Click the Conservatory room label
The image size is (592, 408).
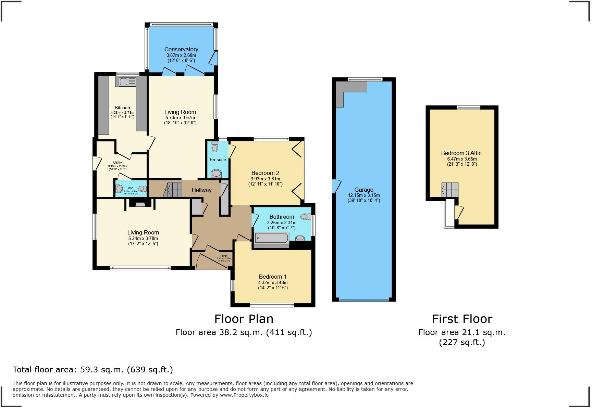(x=181, y=49)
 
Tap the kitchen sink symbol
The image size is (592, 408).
(x=126, y=82)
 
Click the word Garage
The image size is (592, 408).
(x=363, y=190)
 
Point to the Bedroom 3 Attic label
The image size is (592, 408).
(x=461, y=153)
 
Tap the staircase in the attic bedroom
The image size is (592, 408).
(x=450, y=190)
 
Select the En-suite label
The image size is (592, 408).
(x=218, y=160)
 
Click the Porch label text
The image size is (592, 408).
(x=224, y=256)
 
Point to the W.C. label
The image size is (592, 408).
(x=131, y=188)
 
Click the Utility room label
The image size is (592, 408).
(x=118, y=163)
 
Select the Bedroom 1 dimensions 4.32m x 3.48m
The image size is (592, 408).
(x=273, y=282)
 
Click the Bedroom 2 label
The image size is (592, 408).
(x=265, y=173)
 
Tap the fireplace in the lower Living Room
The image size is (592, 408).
(x=140, y=204)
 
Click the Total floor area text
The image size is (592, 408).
(x=92, y=370)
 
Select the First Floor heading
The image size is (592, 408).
(x=462, y=319)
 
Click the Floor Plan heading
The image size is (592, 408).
(x=244, y=319)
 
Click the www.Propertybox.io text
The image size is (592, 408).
(x=244, y=395)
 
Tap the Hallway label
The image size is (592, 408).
(x=201, y=190)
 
